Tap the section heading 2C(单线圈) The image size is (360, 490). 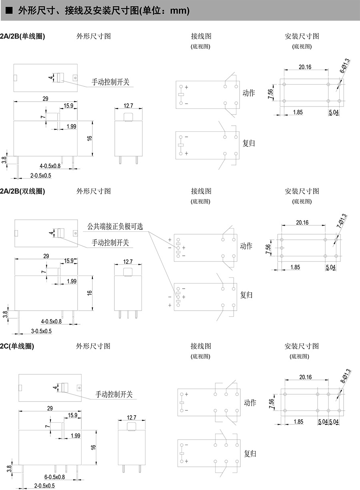17,346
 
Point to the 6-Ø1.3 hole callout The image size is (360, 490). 345,66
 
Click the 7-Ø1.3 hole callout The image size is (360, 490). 341,221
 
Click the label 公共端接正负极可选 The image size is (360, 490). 115,226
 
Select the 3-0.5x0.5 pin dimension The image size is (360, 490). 42,331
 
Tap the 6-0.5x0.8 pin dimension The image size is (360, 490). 54,477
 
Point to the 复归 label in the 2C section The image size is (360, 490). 250,454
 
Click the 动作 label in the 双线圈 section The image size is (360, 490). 246,246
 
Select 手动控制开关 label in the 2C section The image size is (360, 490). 114,394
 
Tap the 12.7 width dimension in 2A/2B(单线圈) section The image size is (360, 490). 128,106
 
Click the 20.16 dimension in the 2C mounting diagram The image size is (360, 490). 305,377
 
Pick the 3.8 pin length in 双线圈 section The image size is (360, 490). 5,314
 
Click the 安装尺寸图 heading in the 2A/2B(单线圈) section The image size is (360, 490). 302,36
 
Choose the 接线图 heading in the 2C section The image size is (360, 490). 201,346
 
